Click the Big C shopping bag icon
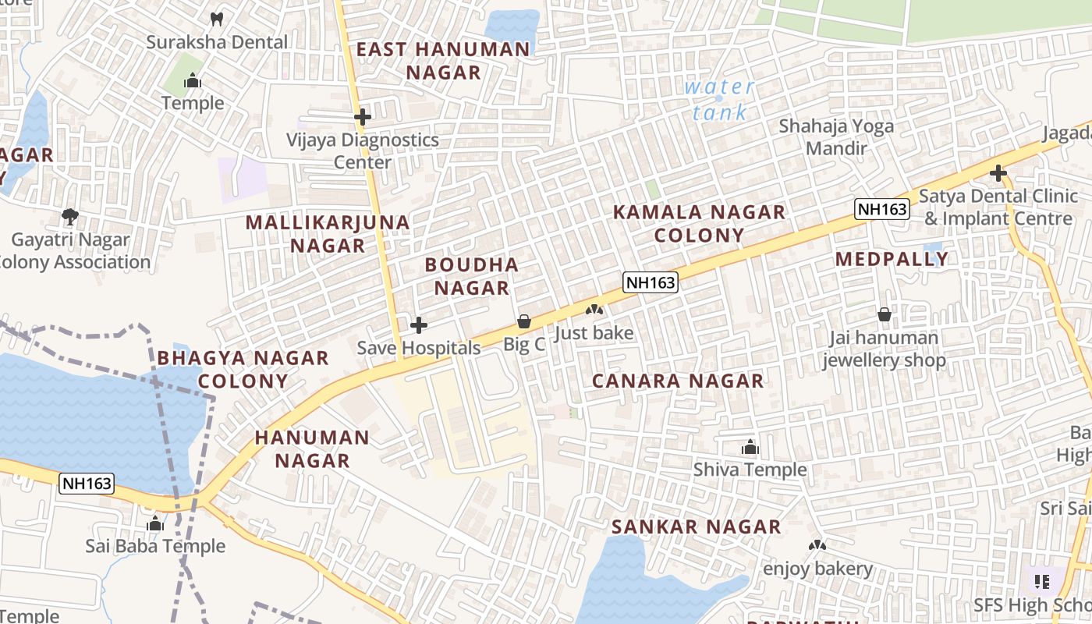pos(524,321)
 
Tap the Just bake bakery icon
pos(594,310)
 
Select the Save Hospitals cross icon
pos(419,325)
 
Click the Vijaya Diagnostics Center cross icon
pos(363,118)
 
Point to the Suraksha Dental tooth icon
pos(218,19)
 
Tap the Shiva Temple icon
pos(750,448)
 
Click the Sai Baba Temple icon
pos(155,524)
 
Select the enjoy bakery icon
pos(817,546)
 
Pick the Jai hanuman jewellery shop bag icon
pos(885,315)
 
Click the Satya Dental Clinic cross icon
pos(998,173)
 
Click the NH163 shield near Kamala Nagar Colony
pos(650,282)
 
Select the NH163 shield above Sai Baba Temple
pos(87,484)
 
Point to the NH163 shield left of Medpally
pos(882,209)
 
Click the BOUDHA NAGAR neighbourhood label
pos(472,276)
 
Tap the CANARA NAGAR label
pos(678,381)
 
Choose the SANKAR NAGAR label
pos(696,526)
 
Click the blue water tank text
pos(719,100)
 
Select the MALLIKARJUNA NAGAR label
pos(328,233)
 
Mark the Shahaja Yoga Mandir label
pos(836,136)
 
